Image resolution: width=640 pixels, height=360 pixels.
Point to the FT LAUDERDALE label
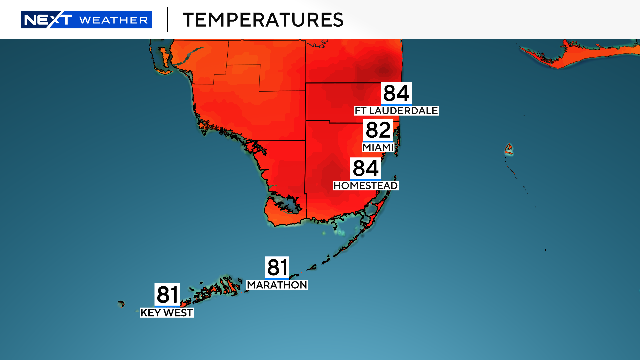(x=396, y=110)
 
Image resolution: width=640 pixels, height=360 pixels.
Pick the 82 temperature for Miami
(x=378, y=131)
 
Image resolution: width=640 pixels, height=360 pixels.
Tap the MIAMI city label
(x=378, y=147)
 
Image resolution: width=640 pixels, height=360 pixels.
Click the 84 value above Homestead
(x=366, y=169)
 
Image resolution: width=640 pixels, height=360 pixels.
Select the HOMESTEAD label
(x=366, y=186)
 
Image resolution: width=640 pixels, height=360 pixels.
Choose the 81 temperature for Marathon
(x=277, y=267)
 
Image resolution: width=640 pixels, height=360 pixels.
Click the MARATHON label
(x=277, y=285)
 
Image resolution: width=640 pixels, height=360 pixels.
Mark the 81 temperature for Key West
(x=167, y=295)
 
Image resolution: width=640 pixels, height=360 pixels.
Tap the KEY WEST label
(x=167, y=313)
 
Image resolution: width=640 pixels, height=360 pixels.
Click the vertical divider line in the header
(x=167, y=19)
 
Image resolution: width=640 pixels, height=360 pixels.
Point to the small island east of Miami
(x=508, y=151)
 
